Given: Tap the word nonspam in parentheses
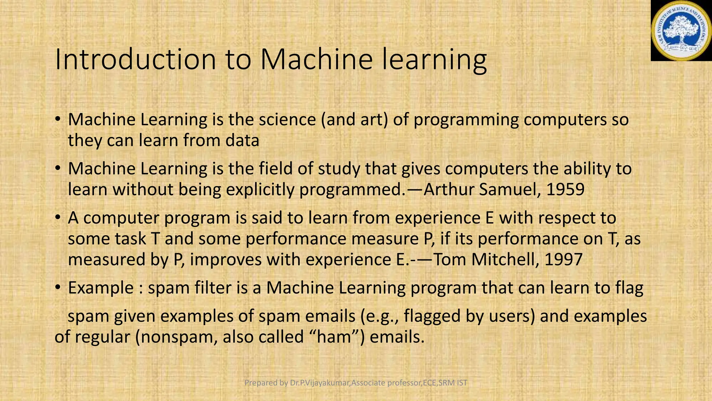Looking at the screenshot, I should (x=177, y=337).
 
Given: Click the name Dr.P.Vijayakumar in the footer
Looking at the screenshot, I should (x=320, y=383).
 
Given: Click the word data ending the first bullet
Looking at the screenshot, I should (x=242, y=141).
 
